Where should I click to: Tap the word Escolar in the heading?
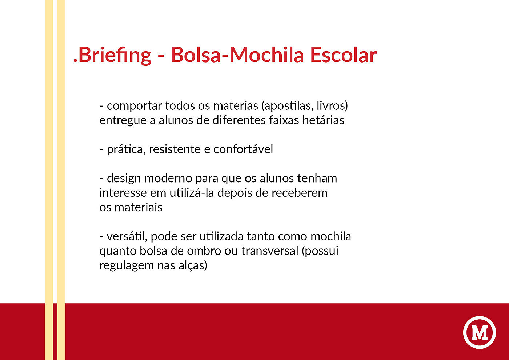pyautogui.click(x=343, y=55)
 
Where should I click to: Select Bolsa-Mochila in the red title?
pyautogui.click(x=237, y=55)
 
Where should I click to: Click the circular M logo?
pyautogui.click(x=480, y=332)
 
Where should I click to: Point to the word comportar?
pyautogui.click(x=134, y=106)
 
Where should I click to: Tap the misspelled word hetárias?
pyautogui.click(x=323, y=120)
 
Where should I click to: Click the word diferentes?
pyautogui.click(x=239, y=120)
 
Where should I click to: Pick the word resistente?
pyautogui.click(x=175, y=149)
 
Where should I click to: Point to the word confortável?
pyautogui.click(x=243, y=149)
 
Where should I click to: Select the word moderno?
pyautogui.click(x=168, y=179)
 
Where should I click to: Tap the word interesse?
pyautogui.click(x=123, y=193)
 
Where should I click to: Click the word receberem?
pyautogui.click(x=300, y=193)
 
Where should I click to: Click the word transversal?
pyautogui.click(x=270, y=251)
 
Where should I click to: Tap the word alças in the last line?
pyautogui.click(x=191, y=266)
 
